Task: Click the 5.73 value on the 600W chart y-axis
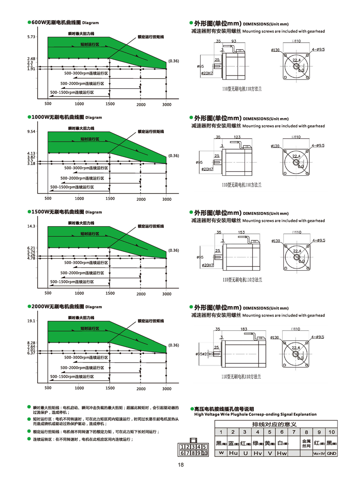point(31,37)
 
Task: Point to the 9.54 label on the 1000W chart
point(31,132)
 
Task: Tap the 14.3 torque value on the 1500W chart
point(31,226)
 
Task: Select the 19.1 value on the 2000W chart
point(31,321)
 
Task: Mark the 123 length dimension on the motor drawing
point(237,137)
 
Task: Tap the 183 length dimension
point(244,328)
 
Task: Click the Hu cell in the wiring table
point(233,453)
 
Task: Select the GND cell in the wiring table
point(331,453)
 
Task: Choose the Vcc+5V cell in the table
point(319,453)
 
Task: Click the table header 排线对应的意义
point(275,424)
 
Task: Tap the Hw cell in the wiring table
point(282,453)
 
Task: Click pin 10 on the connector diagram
point(204,453)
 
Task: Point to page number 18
point(180,466)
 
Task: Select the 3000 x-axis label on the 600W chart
point(167,104)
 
